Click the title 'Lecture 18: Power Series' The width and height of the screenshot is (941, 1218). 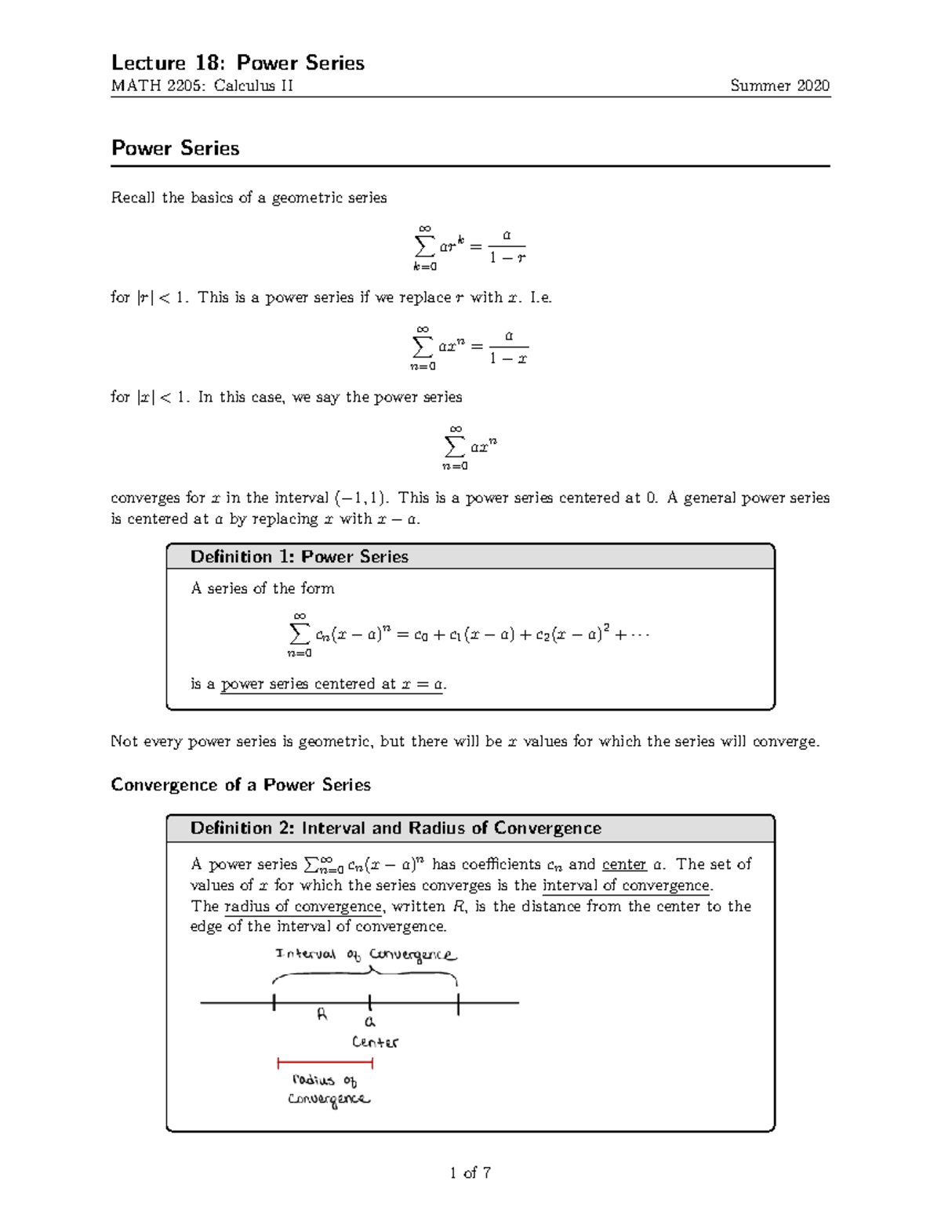[x=238, y=63]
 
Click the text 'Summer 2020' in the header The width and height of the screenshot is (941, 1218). [x=779, y=86]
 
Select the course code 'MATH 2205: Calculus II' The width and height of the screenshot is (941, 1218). [x=202, y=86]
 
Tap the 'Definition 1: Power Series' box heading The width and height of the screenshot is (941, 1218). [x=300, y=557]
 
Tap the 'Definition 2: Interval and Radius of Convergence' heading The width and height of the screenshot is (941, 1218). [x=395, y=828]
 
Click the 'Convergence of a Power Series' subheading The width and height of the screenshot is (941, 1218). [x=241, y=785]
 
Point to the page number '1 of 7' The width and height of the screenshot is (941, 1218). [x=470, y=1173]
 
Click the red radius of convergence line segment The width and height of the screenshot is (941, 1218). [x=325, y=1063]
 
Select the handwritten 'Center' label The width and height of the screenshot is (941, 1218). [x=375, y=1042]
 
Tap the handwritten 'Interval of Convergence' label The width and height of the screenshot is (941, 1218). [x=365, y=954]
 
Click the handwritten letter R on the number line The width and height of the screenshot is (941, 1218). [x=322, y=1014]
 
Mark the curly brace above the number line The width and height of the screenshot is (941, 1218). [x=365, y=976]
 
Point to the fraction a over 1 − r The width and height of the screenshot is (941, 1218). [x=508, y=246]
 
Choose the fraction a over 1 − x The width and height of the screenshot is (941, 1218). [x=508, y=347]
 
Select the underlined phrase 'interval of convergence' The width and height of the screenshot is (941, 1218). [x=627, y=885]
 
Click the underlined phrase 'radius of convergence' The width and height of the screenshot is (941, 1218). [x=303, y=907]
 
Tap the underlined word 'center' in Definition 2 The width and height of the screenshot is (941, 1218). [x=624, y=864]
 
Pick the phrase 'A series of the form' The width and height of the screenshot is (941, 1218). [x=263, y=588]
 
